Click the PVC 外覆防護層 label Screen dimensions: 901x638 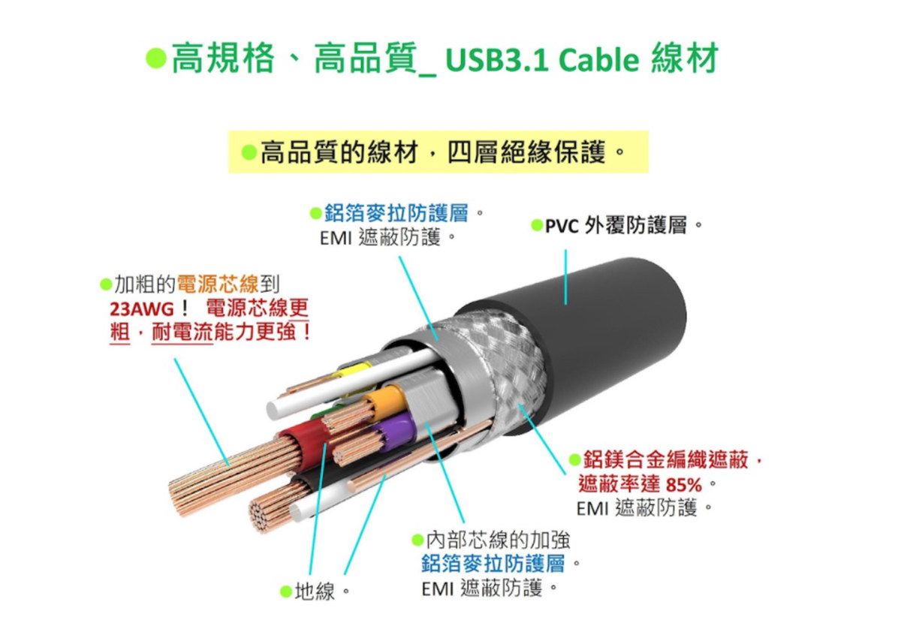pos(616,225)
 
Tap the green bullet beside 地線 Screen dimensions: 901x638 pos(285,591)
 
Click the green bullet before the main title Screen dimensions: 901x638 pos(155,58)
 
